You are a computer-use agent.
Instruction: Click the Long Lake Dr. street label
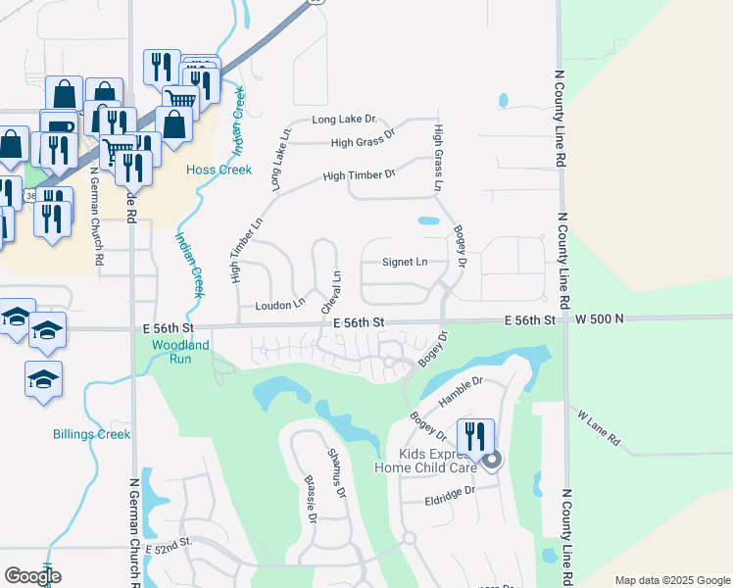click(x=344, y=120)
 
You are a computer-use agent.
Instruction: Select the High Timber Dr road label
click(x=358, y=175)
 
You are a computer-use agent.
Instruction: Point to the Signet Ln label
click(x=404, y=262)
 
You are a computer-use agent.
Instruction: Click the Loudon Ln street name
click(x=280, y=306)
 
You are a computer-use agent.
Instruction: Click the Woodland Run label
click(x=180, y=352)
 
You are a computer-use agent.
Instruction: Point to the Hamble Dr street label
click(x=463, y=389)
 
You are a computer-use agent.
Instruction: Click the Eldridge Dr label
click(x=450, y=490)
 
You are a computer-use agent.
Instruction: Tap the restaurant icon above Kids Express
click(x=475, y=436)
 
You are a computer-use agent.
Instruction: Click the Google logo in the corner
click(x=32, y=575)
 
